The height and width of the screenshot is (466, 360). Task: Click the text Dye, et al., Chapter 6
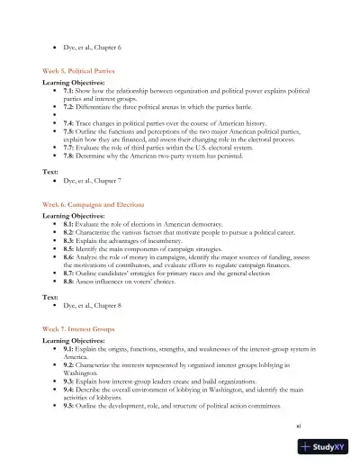coord(92,46)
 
